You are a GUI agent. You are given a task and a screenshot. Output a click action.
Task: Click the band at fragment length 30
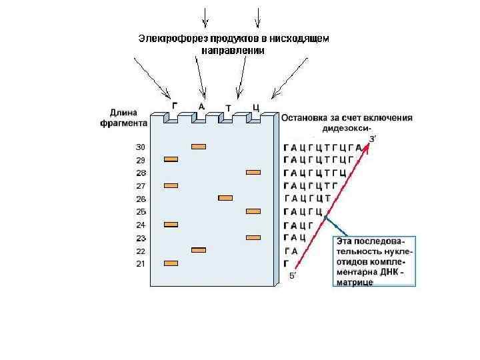[198, 147]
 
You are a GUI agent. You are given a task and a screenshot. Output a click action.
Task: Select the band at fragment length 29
[171, 159]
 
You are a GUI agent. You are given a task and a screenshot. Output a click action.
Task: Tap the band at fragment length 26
[225, 198]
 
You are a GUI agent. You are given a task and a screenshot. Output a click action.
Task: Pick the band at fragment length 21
[171, 263]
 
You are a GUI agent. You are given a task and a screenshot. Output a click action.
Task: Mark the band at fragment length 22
[198, 250]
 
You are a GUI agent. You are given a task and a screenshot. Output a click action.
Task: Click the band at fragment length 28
[253, 173]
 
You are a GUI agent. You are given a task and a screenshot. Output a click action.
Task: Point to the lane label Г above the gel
[175, 105]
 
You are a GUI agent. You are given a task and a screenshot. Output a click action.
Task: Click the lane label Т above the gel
[229, 107]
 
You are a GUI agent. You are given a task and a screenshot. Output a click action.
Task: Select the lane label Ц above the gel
[255, 107]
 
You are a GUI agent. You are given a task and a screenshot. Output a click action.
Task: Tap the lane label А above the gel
[201, 105]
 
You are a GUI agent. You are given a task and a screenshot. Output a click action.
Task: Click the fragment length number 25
[141, 212]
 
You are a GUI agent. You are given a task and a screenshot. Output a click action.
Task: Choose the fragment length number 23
[141, 238]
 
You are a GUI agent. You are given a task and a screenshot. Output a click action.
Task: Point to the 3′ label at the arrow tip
[373, 138]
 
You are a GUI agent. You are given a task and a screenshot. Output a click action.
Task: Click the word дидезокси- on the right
[347, 129]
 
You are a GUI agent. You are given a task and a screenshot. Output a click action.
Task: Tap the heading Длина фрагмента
[128, 118]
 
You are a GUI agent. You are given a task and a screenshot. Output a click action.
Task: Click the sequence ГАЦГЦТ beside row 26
[308, 199]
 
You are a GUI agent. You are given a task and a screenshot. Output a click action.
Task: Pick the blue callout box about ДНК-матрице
[374, 261]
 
